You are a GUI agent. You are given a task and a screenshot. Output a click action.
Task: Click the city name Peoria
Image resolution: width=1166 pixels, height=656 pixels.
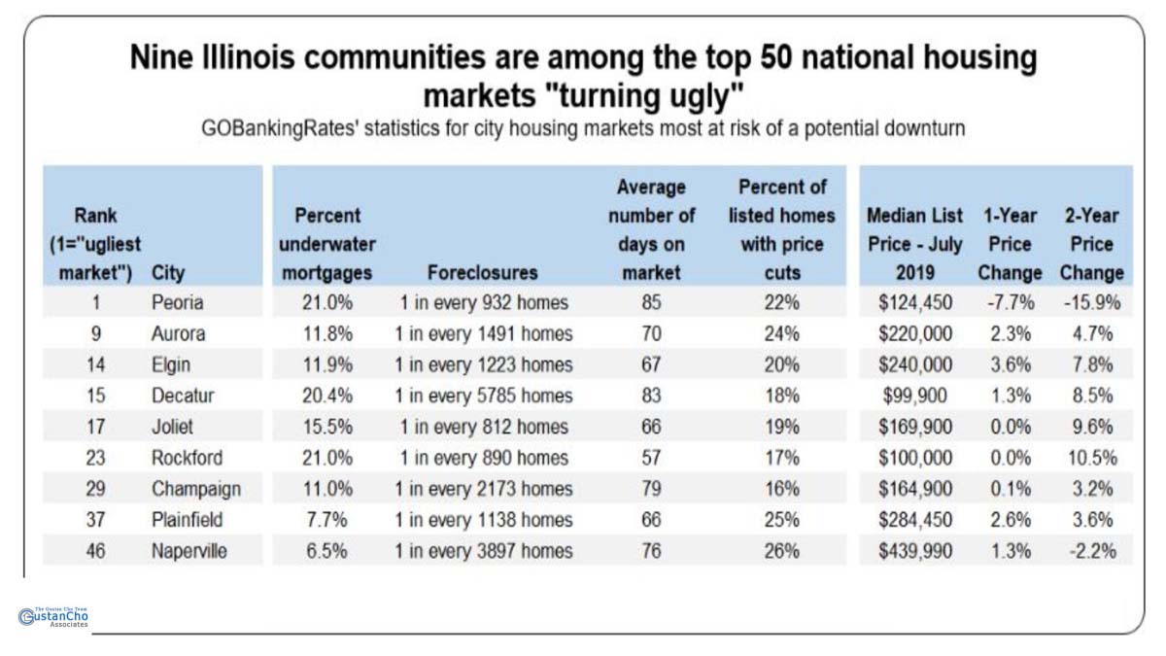pyautogui.click(x=177, y=303)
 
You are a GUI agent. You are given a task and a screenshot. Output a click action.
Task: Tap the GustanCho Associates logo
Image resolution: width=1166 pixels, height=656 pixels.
pyautogui.click(x=53, y=617)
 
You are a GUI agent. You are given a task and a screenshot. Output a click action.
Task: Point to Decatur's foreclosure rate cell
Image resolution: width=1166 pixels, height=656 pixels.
pyautogui.click(x=483, y=397)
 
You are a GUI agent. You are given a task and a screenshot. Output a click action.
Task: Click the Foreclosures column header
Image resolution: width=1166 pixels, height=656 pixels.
pyautogui.click(x=482, y=273)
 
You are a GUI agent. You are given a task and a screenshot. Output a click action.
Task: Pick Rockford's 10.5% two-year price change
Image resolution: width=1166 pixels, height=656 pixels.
pyautogui.click(x=1092, y=459)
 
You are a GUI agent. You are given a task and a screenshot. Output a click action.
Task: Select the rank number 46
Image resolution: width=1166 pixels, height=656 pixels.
pyautogui.click(x=96, y=551)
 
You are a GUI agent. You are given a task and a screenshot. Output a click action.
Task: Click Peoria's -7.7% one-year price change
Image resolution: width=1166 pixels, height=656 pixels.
pyautogui.click(x=1009, y=303)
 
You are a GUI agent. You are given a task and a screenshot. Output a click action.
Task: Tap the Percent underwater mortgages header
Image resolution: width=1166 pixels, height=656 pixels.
pyautogui.click(x=328, y=244)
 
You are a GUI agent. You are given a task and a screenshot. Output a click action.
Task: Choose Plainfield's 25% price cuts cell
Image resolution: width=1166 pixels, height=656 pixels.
pyautogui.click(x=781, y=520)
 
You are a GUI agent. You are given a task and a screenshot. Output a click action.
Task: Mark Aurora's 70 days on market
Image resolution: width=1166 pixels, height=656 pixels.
pyautogui.click(x=651, y=334)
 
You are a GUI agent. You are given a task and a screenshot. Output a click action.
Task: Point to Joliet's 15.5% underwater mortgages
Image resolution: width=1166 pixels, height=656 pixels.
pyautogui.click(x=326, y=428)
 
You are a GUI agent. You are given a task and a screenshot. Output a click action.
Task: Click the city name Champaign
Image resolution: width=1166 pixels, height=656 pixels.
pyautogui.click(x=195, y=489)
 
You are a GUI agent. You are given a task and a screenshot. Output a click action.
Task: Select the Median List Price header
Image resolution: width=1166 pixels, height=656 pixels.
pyautogui.click(x=914, y=244)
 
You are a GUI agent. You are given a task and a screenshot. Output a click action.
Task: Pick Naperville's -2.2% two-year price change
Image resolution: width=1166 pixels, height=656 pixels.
pyautogui.click(x=1092, y=551)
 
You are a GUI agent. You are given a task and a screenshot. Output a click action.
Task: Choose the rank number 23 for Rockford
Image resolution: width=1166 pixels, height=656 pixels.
pyautogui.click(x=96, y=459)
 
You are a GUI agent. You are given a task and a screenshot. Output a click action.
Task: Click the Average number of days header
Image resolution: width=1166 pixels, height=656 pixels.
pyautogui.click(x=651, y=229)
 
